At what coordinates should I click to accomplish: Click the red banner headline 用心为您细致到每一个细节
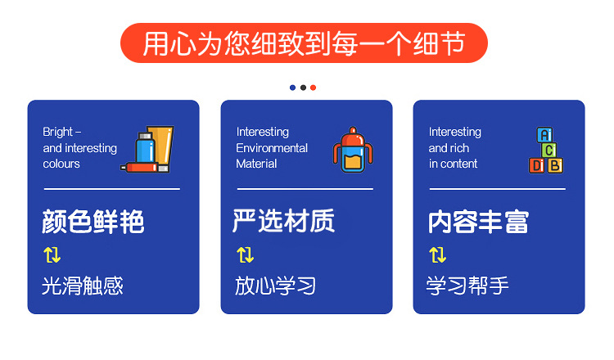tap(304, 43)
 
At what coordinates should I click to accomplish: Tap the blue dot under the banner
tap(292, 88)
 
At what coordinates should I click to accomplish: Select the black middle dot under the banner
tap(303, 88)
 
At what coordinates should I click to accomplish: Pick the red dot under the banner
tap(314, 88)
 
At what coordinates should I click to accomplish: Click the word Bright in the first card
tap(57, 133)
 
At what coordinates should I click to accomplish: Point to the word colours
tap(61, 164)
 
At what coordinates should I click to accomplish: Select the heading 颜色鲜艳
tap(93, 222)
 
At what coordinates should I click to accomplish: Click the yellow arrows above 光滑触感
tap(52, 254)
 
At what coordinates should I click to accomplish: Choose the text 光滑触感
tap(83, 286)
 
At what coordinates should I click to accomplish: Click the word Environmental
tap(272, 148)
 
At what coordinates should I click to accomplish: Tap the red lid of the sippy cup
tap(353, 137)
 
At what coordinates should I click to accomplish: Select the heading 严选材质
tap(283, 221)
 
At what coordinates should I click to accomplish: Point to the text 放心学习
tap(275, 286)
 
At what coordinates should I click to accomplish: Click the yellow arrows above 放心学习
tap(246, 254)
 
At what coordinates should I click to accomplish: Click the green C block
tap(549, 150)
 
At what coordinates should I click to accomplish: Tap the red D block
tap(537, 165)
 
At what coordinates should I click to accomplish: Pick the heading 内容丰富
tap(478, 222)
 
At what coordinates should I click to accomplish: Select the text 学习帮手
tap(467, 286)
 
